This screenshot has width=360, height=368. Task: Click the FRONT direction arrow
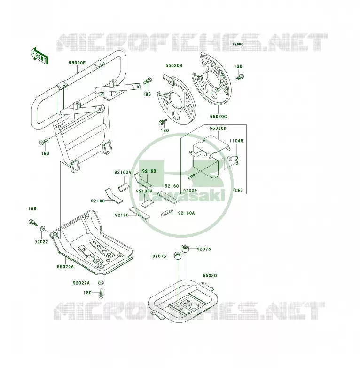[x=39, y=56]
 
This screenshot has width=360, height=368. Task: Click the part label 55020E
[x=77, y=63]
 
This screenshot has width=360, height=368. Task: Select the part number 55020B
[x=174, y=66]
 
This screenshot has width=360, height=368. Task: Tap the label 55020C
[x=218, y=116]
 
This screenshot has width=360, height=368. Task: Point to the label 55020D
[x=218, y=128]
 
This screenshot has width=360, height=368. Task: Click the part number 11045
[x=236, y=141]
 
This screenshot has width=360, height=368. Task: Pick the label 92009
[x=190, y=191]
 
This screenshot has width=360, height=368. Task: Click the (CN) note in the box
[x=238, y=190]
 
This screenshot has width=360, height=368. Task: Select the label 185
[x=32, y=208]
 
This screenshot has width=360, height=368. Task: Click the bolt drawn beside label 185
[x=33, y=222]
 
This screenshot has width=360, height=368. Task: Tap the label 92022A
[x=81, y=283]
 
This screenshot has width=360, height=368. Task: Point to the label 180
[x=87, y=293]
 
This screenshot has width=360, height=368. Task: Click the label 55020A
[x=65, y=267]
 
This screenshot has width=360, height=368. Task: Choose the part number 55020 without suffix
[x=210, y=276]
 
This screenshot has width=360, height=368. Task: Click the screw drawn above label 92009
[x=191, y=176]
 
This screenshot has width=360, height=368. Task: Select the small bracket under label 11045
[x=234, y=160]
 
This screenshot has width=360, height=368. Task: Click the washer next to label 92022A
[x=101, y=283]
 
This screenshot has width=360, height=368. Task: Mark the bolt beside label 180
[x=101, y=293]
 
